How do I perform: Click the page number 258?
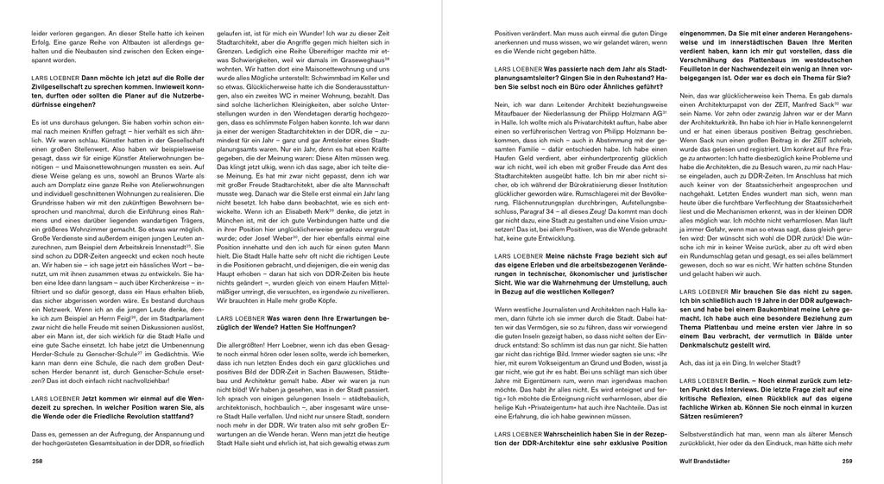click(36, 462)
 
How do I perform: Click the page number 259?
click(847, 462)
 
